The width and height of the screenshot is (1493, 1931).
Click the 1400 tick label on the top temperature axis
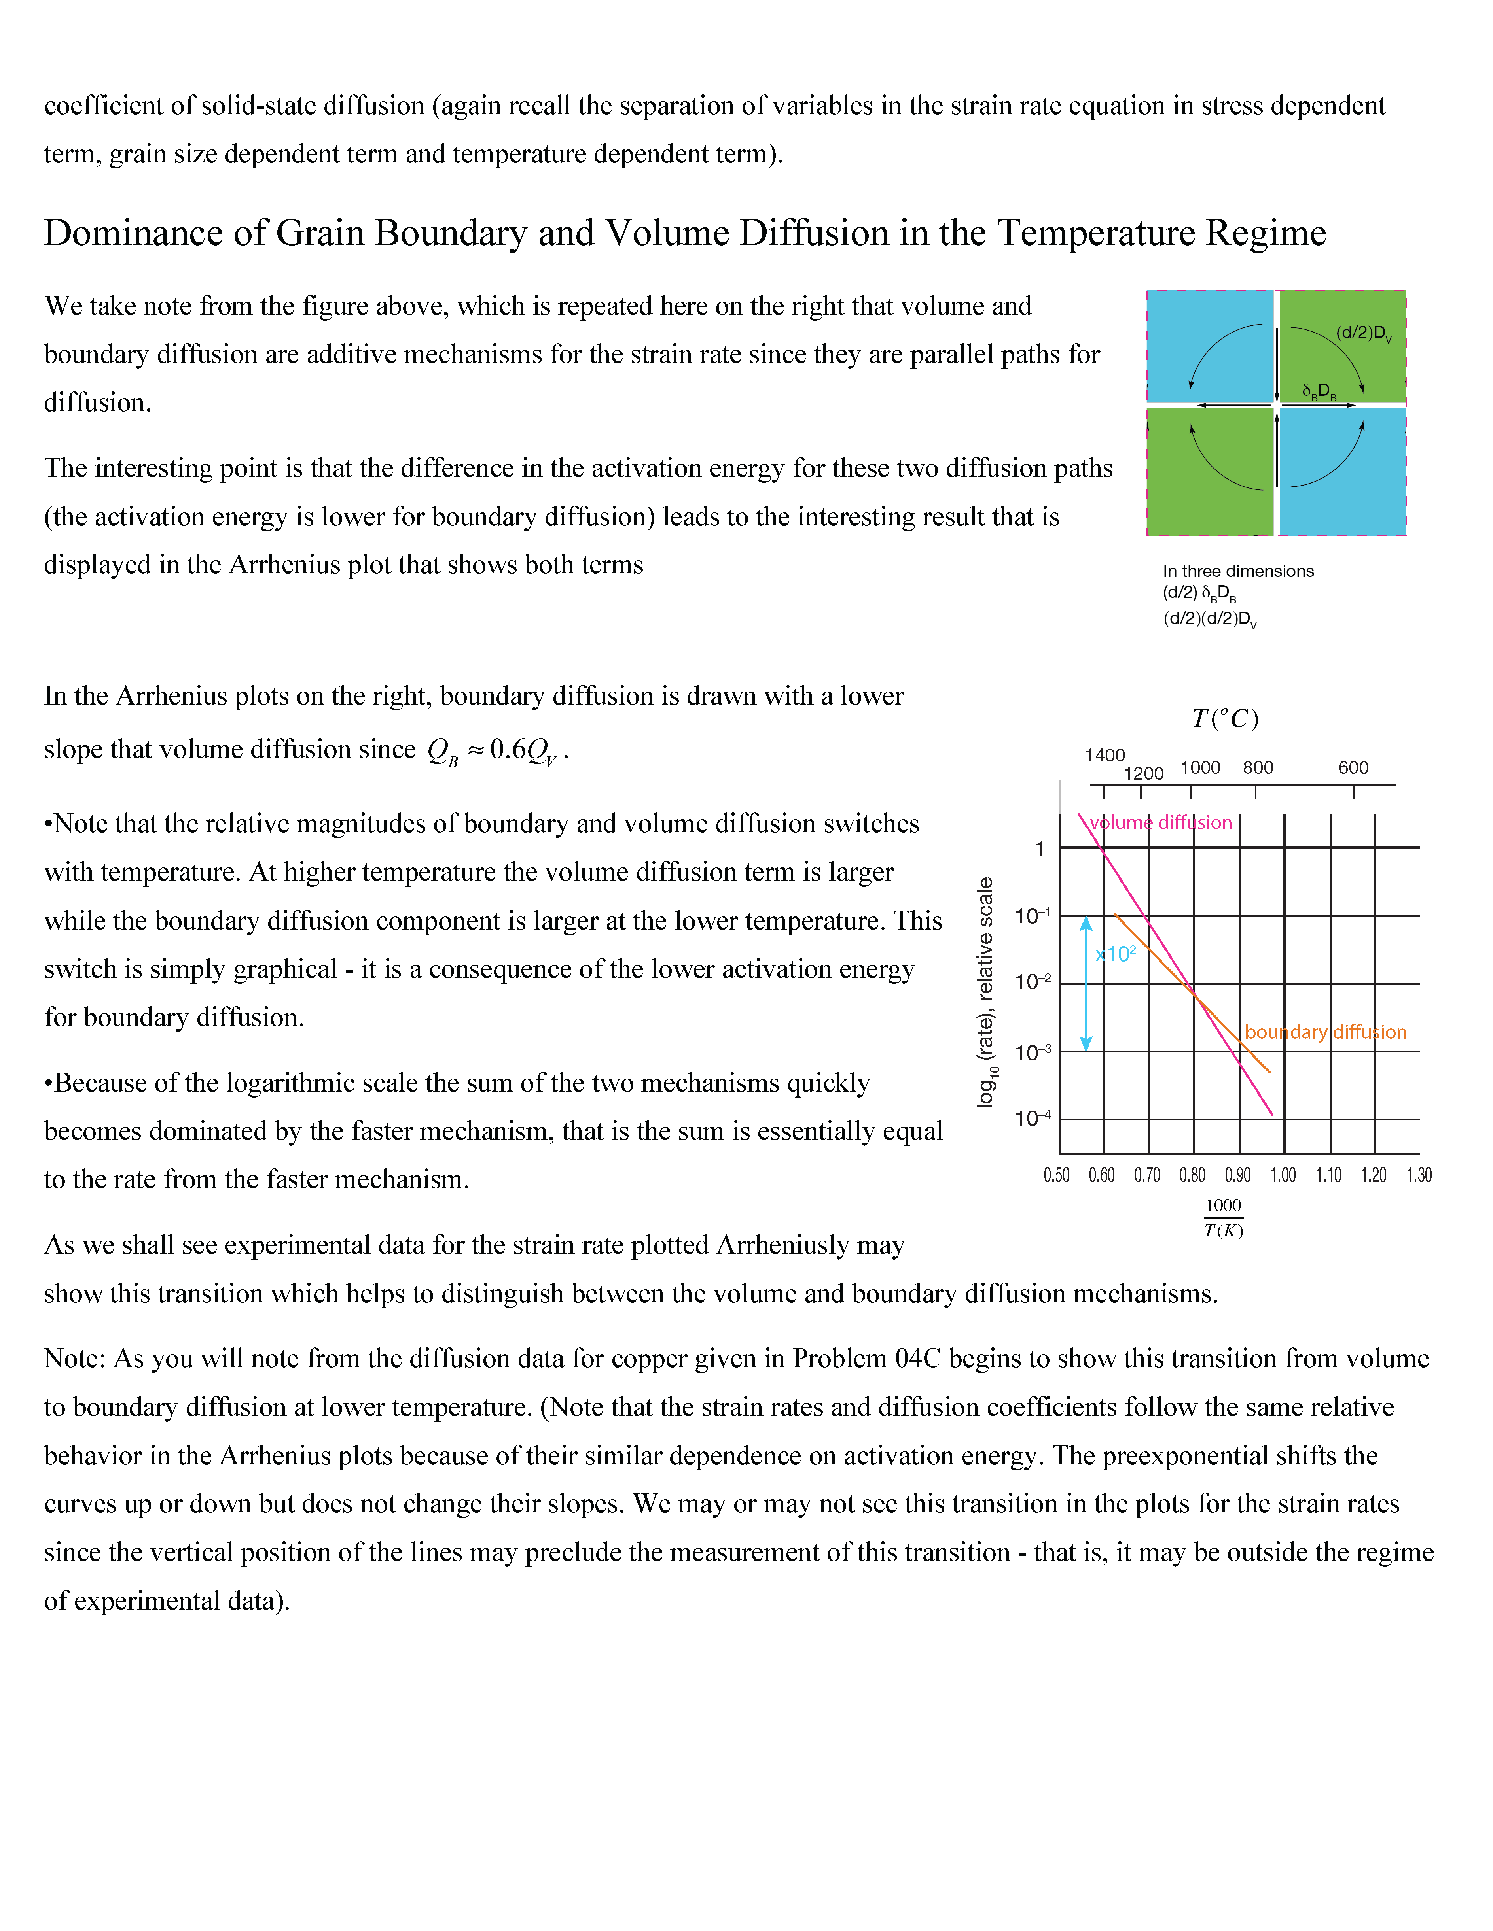click(x=1105, y=755)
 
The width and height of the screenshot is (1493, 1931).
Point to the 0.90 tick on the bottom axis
click(x=1237, y=1175)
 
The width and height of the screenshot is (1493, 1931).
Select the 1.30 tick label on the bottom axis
click(x=1419, y=1175)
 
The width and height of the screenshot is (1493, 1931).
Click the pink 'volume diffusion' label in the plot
click(x=1160, y=822)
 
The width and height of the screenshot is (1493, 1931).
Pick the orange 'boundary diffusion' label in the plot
click(x=1325, y=1032)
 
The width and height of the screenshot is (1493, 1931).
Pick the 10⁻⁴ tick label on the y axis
click(x=1032, y=1119)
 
